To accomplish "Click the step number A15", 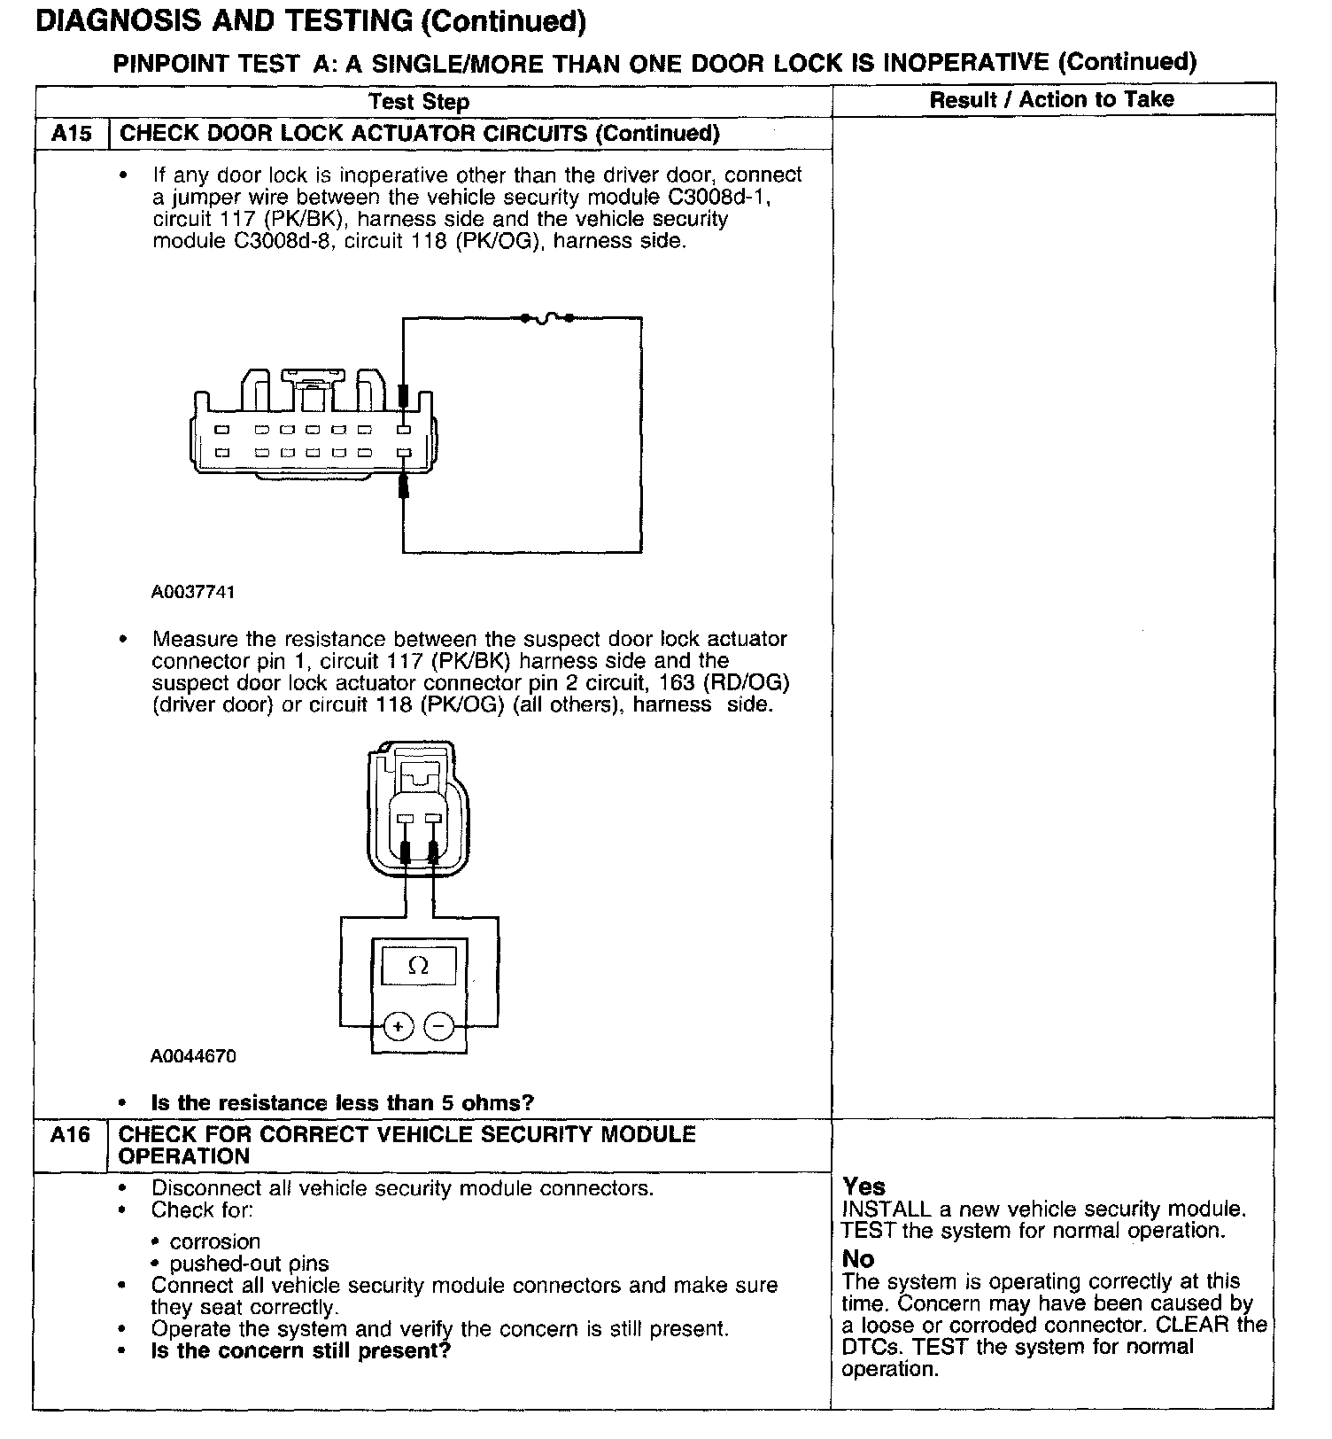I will [x=71, y=134].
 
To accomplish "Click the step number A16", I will [x=71, y=1135].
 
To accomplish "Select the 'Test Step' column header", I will [x=418, y=102].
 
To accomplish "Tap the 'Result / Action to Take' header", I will [x=1051, y=99].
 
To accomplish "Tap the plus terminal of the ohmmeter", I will [x=398, y=1027].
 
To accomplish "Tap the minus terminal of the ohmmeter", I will [x=439, y=1027].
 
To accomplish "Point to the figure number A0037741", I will [x=193, y=592].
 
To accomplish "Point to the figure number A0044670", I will [x=193, y=1056].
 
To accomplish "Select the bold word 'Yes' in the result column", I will [x=863, y=1186].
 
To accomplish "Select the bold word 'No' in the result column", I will [x=858, y=1259].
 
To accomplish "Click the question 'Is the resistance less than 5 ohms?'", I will [x=343, y=1103].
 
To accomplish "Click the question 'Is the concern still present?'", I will [x=301, y=1351].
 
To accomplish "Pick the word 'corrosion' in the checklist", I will [x=215, y=1241].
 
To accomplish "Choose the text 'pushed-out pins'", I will [x=249, y=1264].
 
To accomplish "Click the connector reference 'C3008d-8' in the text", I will [x=275, y=241].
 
